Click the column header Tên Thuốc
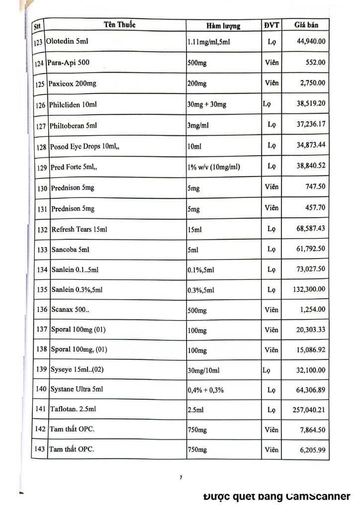(x=120, y=24)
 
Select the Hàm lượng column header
(x=223, y=25)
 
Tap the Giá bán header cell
(x=306, y=24)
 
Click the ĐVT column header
(x=271, y=24)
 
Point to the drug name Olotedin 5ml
(x=67, y=41)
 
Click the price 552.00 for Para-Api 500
(x=315, y=62)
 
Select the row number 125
(x=40, y=84)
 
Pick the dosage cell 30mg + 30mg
(x=207, y=104)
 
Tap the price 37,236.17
(x=311, y=124)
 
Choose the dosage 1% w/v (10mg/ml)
(x=214, y=167)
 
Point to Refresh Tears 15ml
(x=79, y=229)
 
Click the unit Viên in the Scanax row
(x=271, y=309)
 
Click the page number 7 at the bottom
(x=181, y=478)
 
